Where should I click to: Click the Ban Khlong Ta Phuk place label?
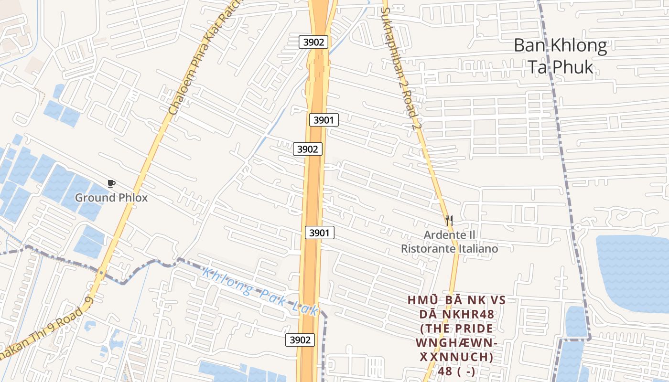560,56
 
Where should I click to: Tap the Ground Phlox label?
111,198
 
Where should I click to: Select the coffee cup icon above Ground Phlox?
111,184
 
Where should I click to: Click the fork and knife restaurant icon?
449,221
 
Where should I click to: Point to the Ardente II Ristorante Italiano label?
449,242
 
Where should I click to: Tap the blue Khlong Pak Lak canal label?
260,292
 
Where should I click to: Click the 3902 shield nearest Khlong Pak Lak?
300,340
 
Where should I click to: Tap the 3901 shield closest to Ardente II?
320,233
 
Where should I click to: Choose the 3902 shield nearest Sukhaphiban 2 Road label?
313,42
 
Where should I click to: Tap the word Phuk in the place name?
573,67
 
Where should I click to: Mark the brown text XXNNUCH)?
456,357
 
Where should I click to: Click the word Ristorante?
424,249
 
